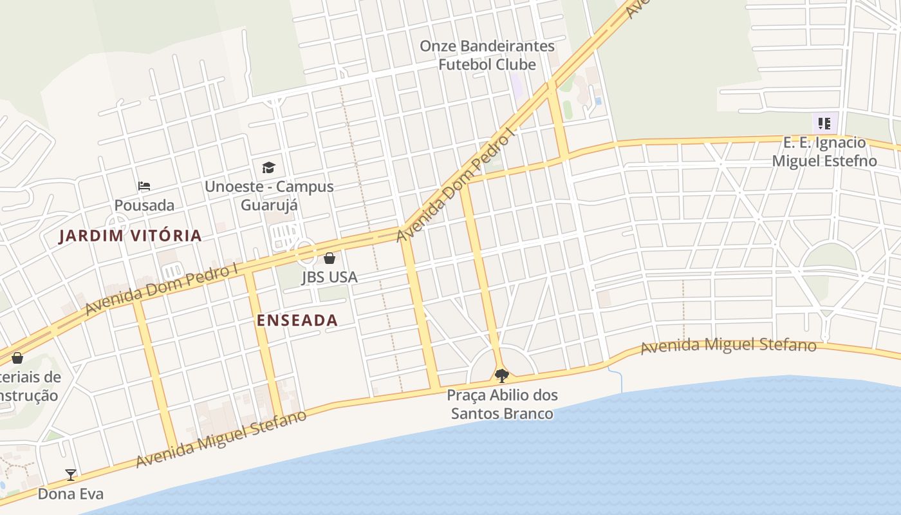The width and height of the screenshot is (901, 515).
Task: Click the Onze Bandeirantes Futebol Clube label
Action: click(487, 55)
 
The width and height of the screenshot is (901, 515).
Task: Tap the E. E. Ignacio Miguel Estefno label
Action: click(824, 152)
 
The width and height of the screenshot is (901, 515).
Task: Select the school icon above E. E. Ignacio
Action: click(824, 123)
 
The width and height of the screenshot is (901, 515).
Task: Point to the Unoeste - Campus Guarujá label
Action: click(269, 196)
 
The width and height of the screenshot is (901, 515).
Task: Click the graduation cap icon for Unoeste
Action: click(268, 168)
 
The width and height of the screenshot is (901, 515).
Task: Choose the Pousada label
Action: click(144, 205)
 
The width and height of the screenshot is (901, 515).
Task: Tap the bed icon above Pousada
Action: click(144, 186)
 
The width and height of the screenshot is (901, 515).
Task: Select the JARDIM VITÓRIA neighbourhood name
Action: click(131, 236)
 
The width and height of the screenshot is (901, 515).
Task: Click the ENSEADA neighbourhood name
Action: click(297, 320)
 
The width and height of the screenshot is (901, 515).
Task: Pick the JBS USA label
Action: click(330, 277)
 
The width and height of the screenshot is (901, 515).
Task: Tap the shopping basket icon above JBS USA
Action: click(330, 259)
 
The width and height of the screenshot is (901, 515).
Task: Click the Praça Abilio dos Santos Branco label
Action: click(502, 404)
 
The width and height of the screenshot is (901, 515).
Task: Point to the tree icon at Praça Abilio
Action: click(502, 375)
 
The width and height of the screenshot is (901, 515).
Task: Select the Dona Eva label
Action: click(71, 494)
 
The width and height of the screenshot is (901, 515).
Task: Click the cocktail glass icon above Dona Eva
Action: click(71, 475)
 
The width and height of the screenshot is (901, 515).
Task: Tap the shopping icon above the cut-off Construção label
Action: click(17, 357)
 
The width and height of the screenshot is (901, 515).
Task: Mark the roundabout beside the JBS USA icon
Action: click(306, 252)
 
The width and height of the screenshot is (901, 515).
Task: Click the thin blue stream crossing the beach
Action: click(622, 382)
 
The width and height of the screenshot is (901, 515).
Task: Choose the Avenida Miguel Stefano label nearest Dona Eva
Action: click(221, 439)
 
